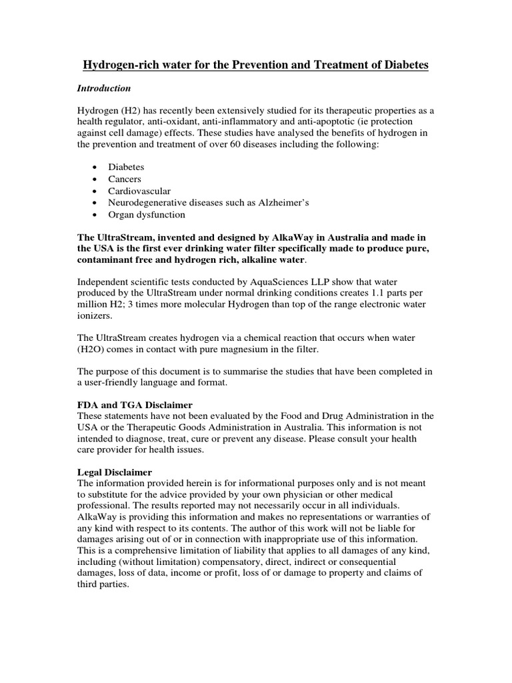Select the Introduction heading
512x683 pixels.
104,88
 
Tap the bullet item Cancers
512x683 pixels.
125,179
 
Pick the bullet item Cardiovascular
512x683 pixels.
139,191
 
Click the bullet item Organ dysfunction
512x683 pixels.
147,215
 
